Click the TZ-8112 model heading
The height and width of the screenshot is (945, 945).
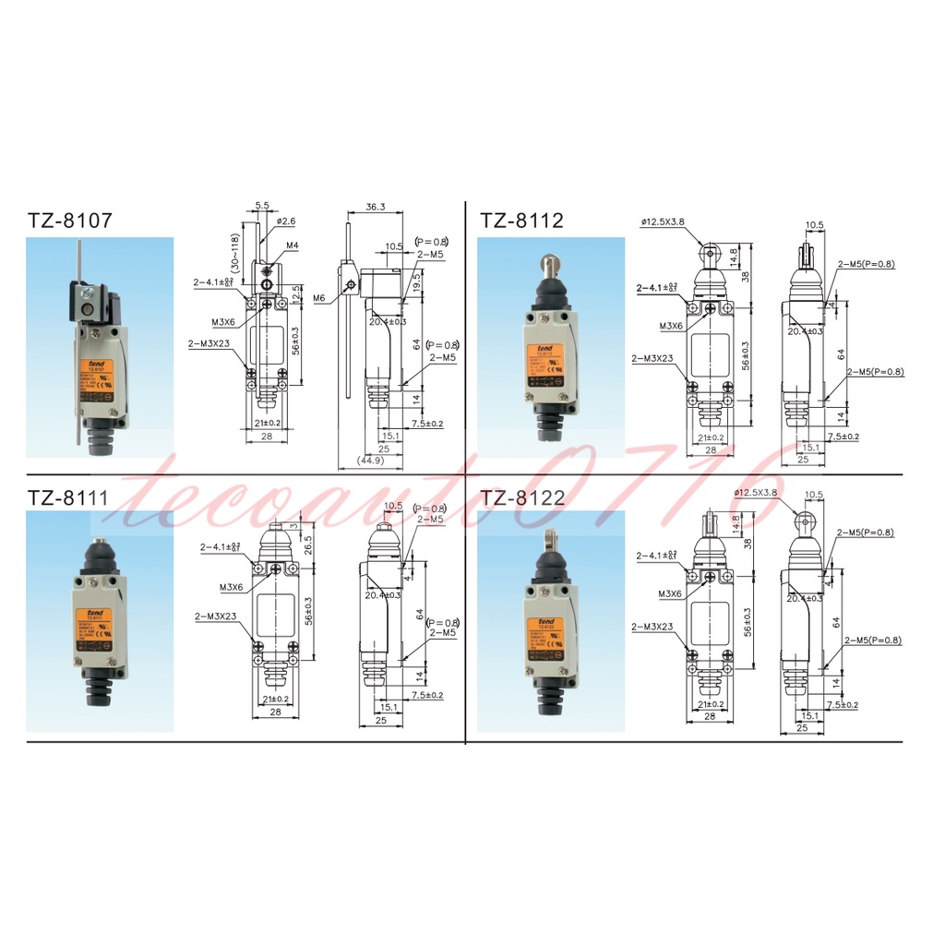[x=521, y=221]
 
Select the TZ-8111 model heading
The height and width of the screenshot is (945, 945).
[x=67, y=499]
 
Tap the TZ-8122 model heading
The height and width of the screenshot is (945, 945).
[x=522, y=499]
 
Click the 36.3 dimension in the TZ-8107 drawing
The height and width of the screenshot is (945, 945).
[x=375, y=207]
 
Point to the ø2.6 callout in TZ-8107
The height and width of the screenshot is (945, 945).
[x=285, y=221]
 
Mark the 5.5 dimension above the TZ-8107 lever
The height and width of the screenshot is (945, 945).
[x=261, y=206]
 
